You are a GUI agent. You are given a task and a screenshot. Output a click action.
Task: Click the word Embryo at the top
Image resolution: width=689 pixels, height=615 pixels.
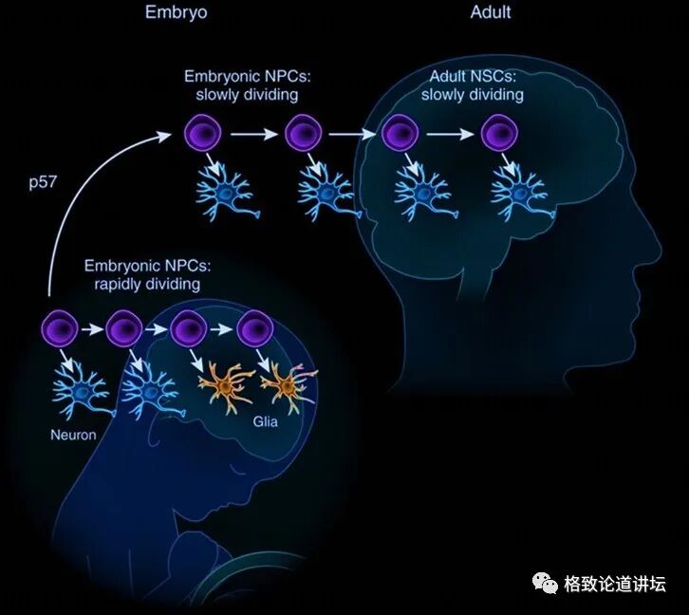click(176, 12)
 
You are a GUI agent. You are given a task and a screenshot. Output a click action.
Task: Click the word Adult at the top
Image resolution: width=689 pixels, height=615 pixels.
click(490, 12)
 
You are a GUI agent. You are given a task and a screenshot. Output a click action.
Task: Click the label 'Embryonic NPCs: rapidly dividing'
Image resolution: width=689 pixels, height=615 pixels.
click(143, 274)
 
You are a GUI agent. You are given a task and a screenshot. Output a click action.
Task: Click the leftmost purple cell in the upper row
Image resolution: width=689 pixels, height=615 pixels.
click(203, 134)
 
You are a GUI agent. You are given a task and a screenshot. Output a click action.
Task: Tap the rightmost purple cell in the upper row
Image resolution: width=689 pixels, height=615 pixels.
click(498, 134)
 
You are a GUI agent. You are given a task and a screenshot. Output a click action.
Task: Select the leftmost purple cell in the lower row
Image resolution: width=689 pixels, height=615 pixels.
click(59, 330)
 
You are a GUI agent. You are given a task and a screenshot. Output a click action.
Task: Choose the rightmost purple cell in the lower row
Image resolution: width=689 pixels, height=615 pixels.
click(253, 330)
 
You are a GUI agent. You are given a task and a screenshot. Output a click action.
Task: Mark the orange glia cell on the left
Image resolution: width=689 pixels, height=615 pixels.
click(226, 383)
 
